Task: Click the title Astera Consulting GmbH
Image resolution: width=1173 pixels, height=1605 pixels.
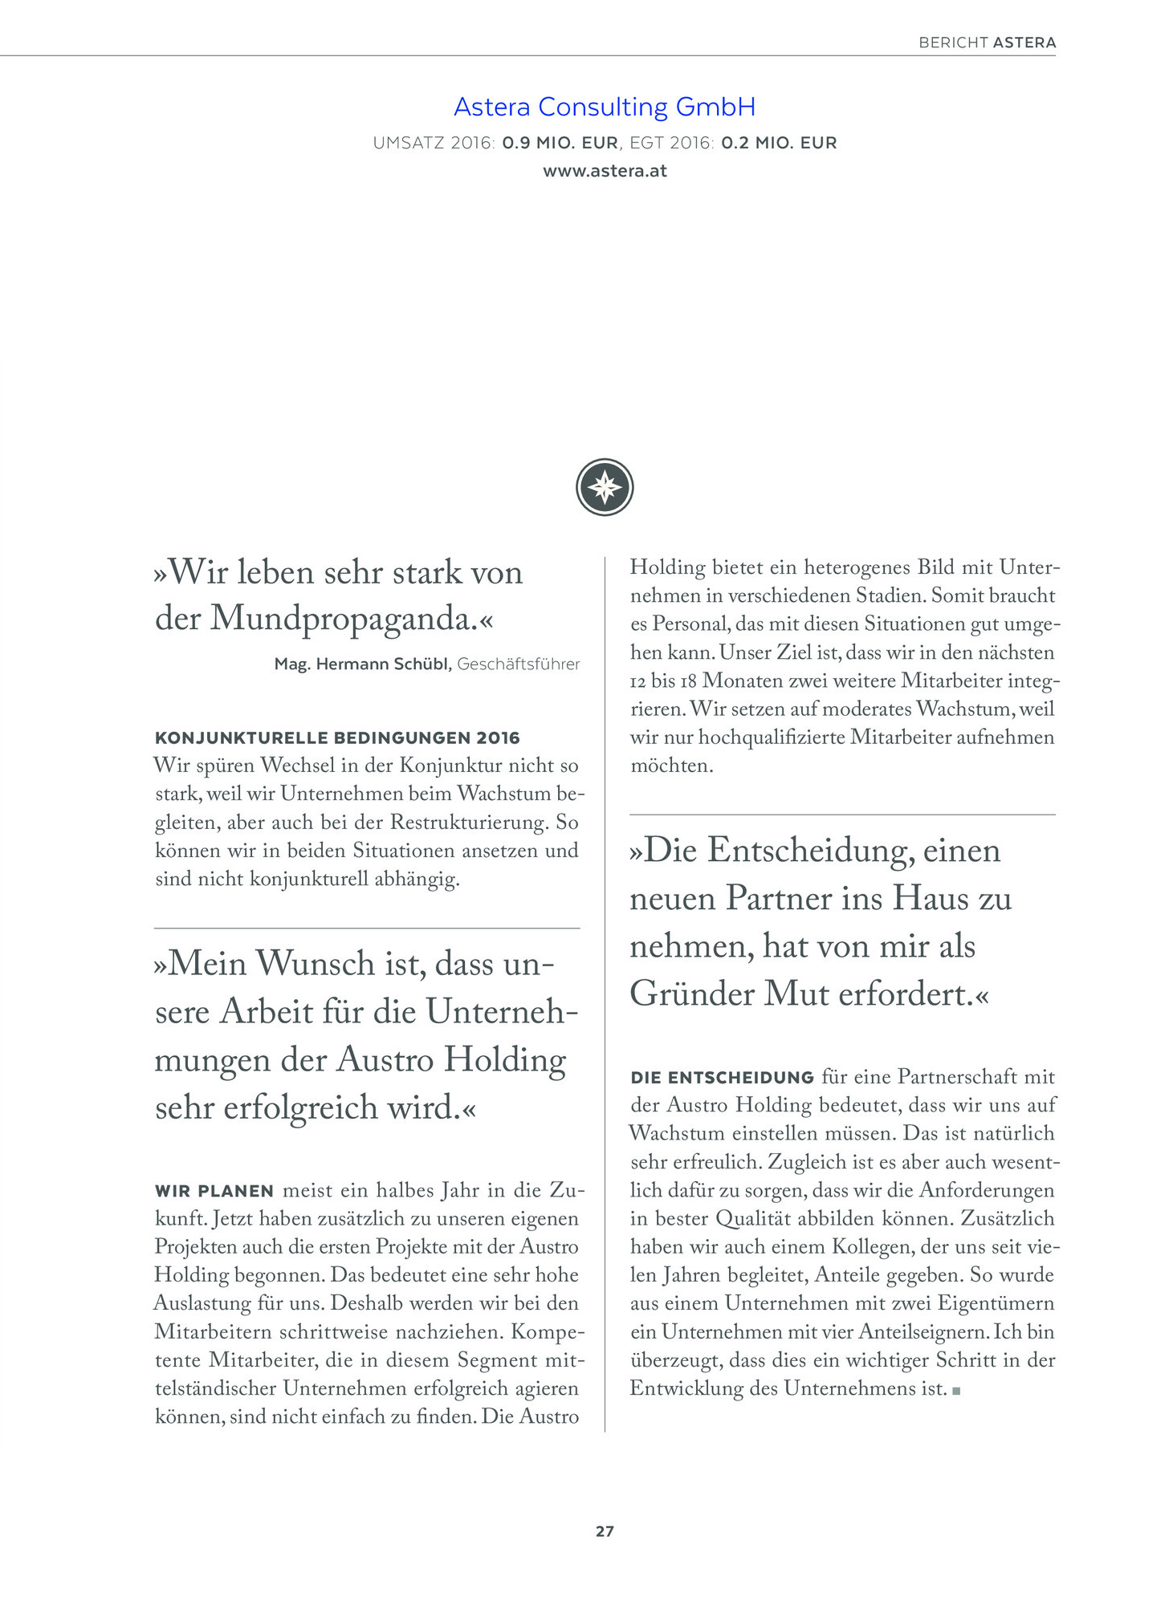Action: [605, 107]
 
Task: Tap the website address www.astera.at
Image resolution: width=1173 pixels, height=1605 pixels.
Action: [605, 171]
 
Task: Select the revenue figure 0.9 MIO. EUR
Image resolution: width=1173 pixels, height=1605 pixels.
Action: [560, 143]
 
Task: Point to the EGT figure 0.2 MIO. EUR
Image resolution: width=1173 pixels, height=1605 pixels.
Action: [779, 143]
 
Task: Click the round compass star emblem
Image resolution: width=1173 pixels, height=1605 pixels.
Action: [605, 487]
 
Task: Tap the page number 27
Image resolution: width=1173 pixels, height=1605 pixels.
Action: [605, 1531]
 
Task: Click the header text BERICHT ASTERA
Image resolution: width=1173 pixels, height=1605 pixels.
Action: [987, 43]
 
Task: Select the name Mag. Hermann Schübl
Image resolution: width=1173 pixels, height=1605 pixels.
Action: [363, 664]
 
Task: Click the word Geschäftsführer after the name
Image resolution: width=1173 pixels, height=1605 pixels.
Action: [519, 664]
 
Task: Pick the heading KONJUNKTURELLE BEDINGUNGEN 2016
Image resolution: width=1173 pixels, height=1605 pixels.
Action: [337, 737]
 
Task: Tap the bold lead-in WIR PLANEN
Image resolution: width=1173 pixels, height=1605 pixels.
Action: [214, 1191]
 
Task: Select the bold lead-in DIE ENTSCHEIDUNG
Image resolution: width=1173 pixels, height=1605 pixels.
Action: [723, 1078]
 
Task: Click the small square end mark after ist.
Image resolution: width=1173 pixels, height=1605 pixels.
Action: [956, 1391]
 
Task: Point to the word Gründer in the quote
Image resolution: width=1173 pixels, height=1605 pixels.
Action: [690, 994]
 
